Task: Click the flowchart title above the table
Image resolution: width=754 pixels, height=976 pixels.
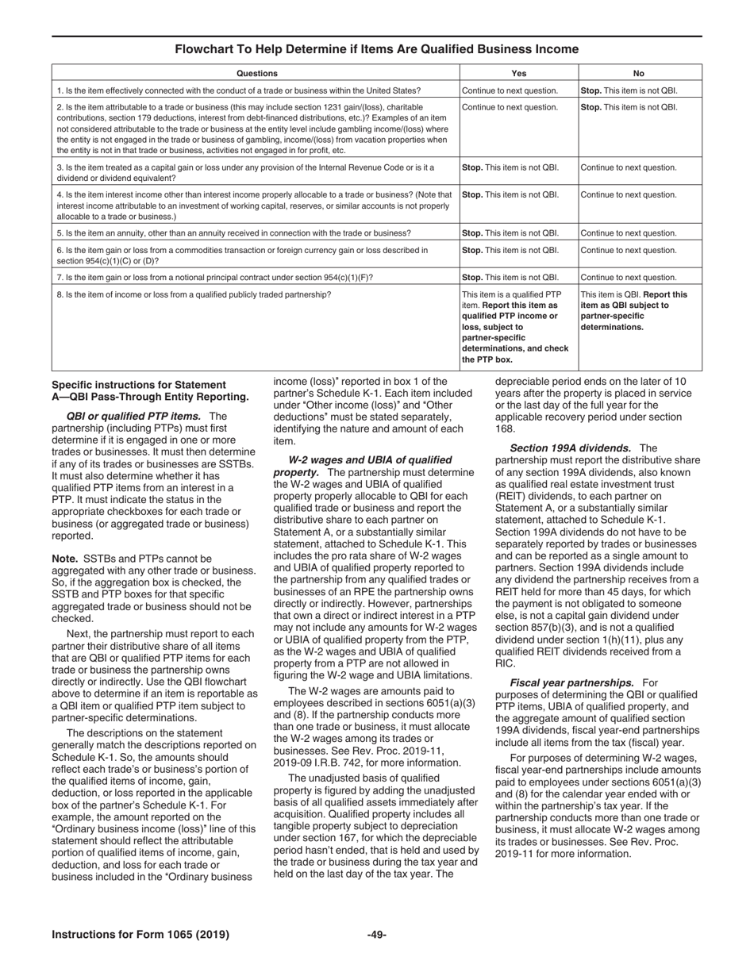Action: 377,49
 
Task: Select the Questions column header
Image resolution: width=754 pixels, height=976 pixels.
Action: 256,71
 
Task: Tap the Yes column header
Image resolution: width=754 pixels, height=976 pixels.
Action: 519,71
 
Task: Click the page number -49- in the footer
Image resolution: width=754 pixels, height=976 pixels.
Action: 376,935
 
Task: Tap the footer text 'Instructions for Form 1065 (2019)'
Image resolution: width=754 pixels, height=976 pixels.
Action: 140,935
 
